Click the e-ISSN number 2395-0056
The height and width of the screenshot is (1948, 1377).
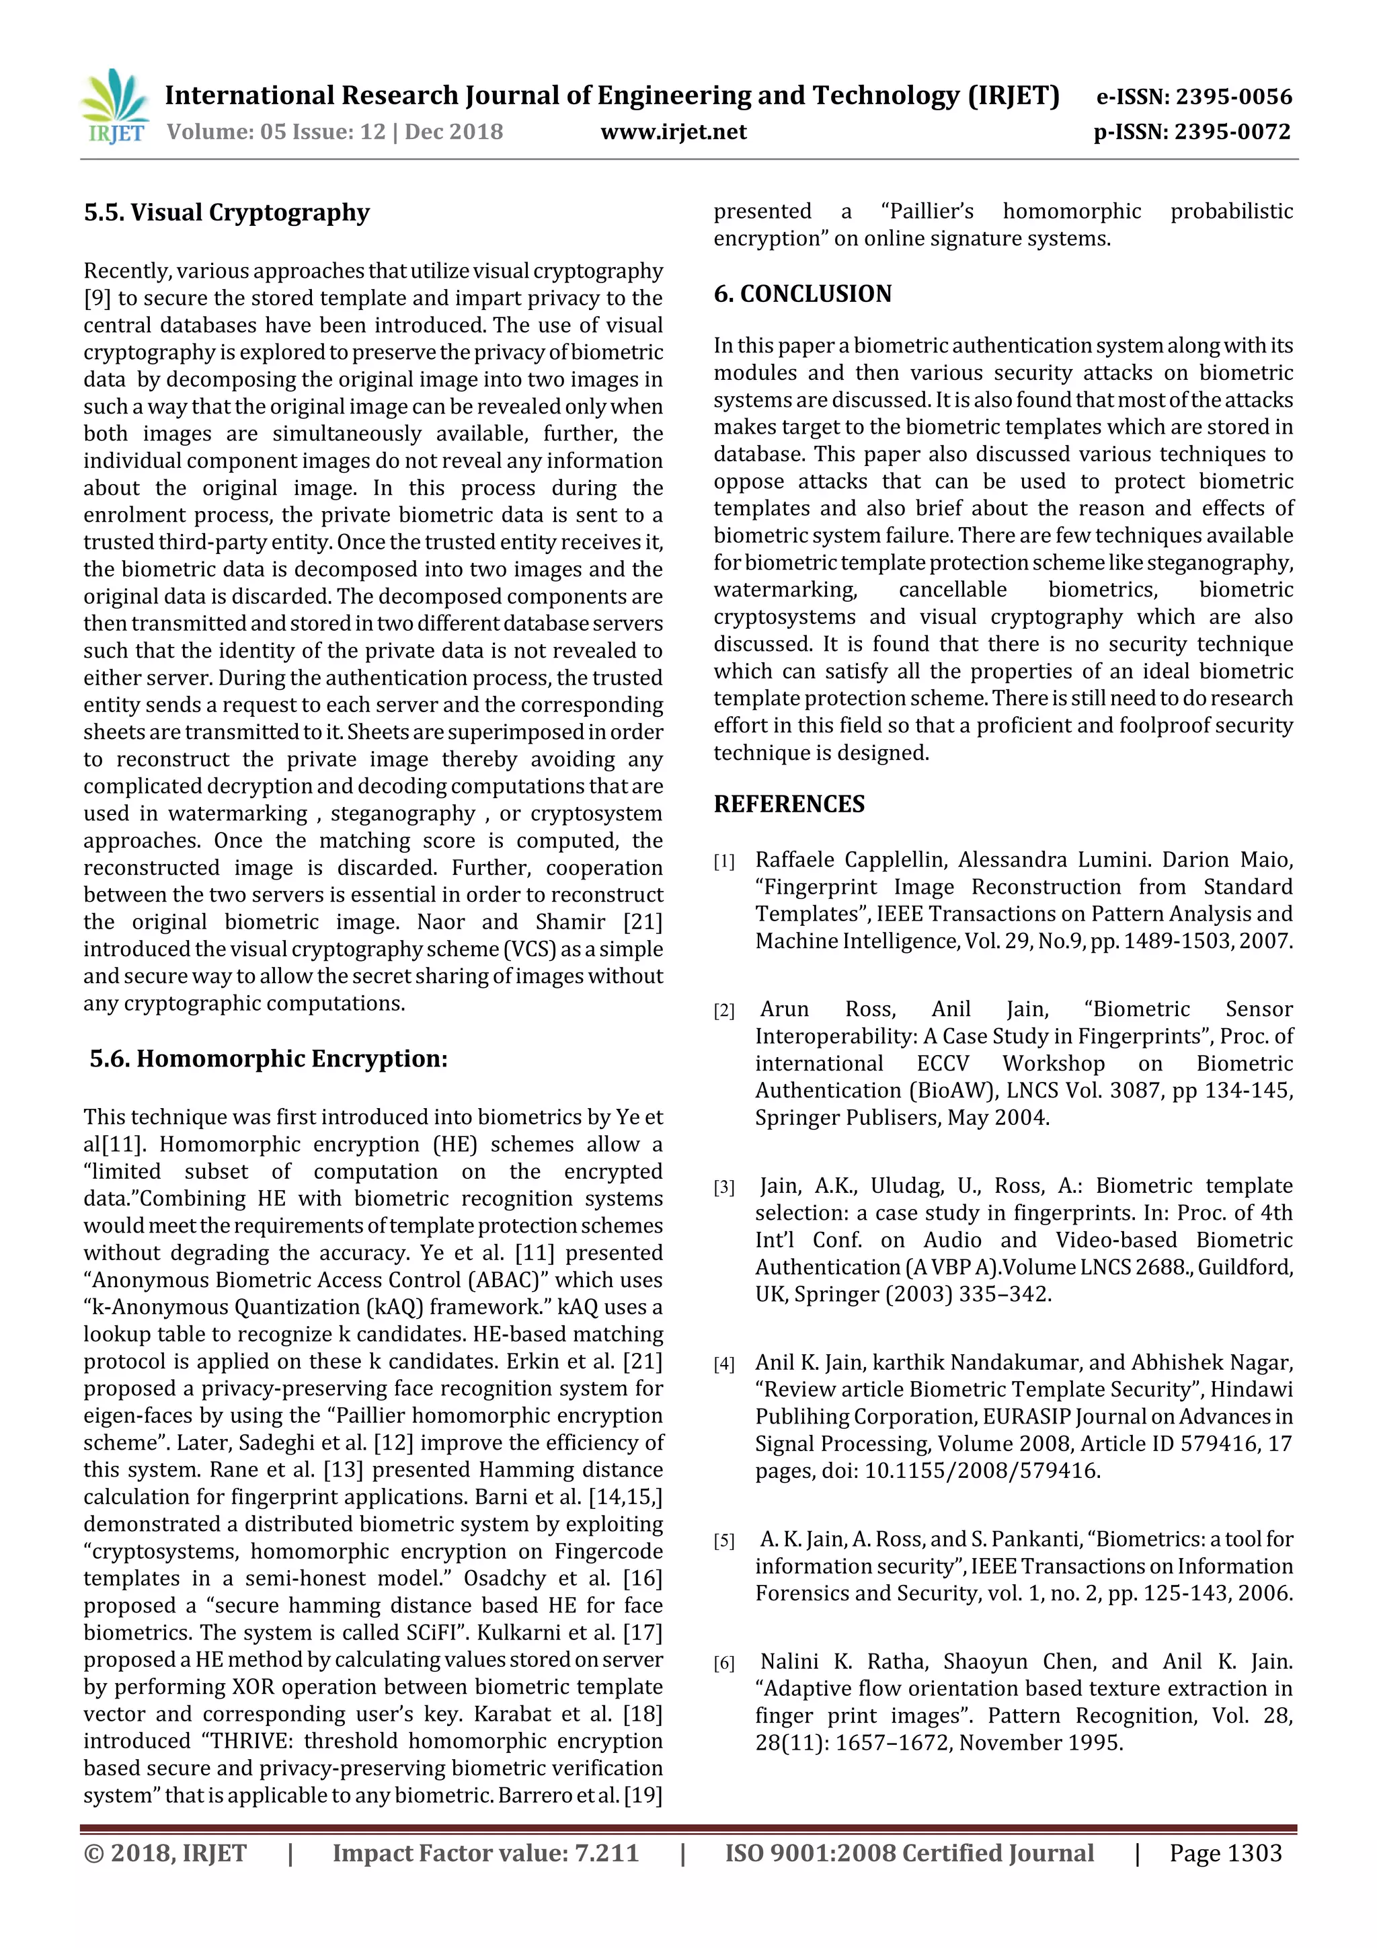point(1232,97)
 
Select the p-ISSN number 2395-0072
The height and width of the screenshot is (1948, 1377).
point(1232,132)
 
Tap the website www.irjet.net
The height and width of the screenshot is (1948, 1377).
point(673,132)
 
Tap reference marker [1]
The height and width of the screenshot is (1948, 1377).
point(723,862)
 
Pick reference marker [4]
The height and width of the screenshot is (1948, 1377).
point(723,1364)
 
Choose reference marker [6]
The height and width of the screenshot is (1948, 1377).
point(723,1663)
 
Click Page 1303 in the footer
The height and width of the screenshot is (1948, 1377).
point(1225,1853)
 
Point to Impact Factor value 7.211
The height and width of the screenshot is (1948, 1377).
point(485,1853)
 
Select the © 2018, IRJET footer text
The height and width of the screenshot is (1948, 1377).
point(165,1853)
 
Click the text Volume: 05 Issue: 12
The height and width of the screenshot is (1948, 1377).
point(276,132)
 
